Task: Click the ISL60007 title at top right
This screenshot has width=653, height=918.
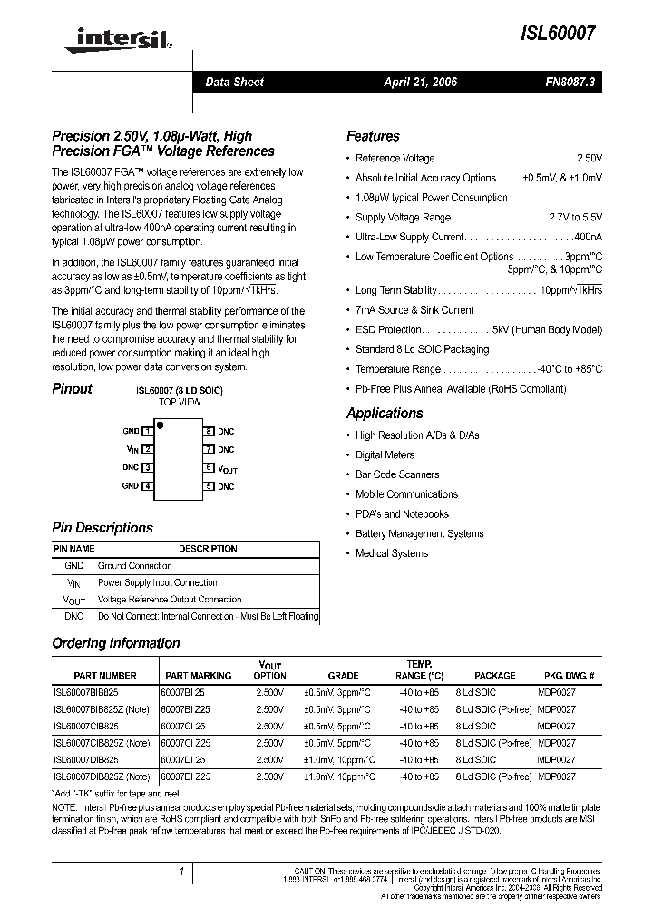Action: click(559, 34)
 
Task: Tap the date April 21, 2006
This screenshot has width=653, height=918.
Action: click(421, 83)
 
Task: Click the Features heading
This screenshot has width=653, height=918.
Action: click(373, 137)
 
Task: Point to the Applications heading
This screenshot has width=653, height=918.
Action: click(385, 414)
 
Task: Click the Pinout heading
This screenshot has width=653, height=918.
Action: click(72, 389)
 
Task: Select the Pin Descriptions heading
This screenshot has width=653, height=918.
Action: click(102, 528)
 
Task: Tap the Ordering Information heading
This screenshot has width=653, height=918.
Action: click(116, 643)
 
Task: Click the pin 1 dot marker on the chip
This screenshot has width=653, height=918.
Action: click(161, 425)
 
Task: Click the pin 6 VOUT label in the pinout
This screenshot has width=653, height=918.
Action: click(228, 469)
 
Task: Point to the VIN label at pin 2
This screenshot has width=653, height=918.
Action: click(132, 449)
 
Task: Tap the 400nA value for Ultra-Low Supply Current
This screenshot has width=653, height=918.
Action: click(586, 237)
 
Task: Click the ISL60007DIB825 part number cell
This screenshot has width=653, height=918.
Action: click(86, 759)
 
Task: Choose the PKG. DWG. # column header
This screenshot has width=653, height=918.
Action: click(569, 676)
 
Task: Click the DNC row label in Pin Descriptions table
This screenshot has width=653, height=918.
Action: click(74, 617)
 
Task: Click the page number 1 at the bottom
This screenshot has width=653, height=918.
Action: click(181, 873)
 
